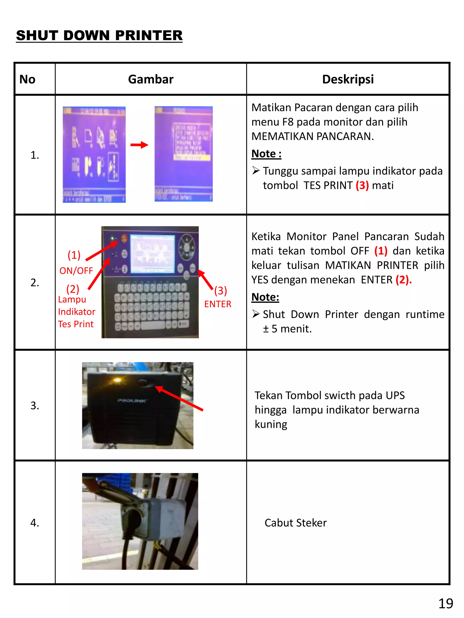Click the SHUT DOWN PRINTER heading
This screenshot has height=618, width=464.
(x=99, y=36)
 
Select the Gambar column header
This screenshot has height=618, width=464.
(x=150, y=79)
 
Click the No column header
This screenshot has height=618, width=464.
(x=27, y=79)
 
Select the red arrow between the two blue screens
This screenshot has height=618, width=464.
(x=139, y=145)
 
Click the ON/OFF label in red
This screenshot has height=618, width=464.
(x=76, y=271)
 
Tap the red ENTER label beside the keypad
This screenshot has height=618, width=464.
(x=217, y=304)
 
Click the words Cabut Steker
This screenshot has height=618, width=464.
(x=295, y=523)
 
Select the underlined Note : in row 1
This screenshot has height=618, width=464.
(x=266, y=154)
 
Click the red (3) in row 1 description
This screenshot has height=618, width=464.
(x=362, y=186)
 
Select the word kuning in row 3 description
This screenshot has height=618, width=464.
(x=271, y=424)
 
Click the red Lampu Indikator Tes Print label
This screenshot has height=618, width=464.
(x=76, y=312)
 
